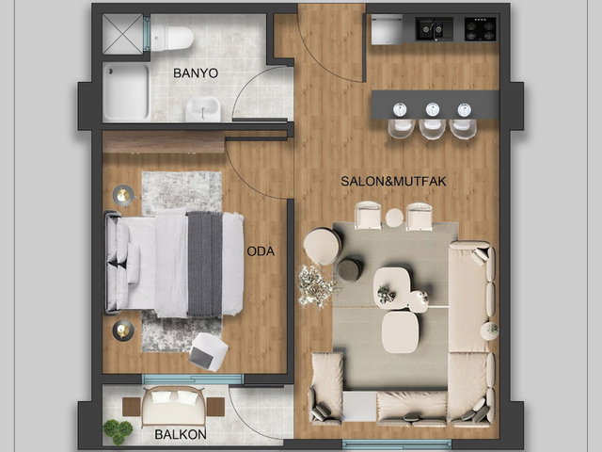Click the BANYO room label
196,73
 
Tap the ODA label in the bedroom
261,251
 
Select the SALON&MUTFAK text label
393,181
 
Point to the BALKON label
180,434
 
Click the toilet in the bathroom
172,38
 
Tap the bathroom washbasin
203,109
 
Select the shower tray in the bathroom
126,91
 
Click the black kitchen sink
435,29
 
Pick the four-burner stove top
480,29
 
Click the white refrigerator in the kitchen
387,29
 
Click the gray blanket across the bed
205,265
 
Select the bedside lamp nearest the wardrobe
123,195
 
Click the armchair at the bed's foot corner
209,351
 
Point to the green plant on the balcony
118,431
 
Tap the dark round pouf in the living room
349,269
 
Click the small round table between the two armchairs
394,218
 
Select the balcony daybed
173,407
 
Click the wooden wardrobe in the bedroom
163,142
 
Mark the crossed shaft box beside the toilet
123,34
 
